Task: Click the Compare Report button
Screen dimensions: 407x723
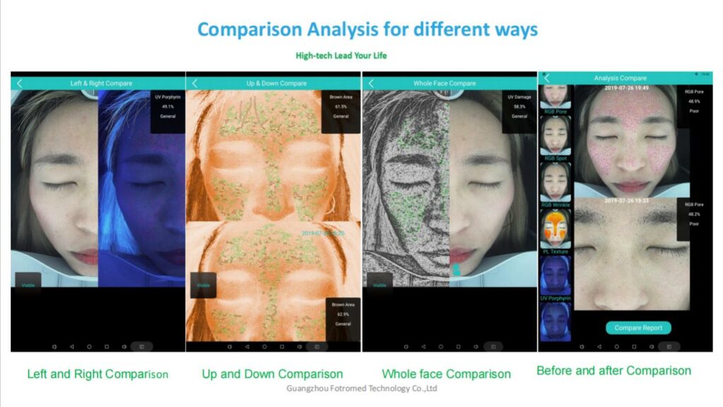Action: (x=638, y=328)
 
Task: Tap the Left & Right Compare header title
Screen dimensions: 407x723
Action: (x=101, y=83)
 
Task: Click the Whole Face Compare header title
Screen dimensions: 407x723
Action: (x=444, y=83)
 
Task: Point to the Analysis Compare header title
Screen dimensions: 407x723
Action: (x=620, y=78)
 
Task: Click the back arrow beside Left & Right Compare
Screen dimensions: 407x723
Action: (x=19, y=83)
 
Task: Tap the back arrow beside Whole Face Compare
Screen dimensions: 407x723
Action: (x=370, y=83)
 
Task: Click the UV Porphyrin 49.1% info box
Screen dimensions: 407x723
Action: (x=167, y=107)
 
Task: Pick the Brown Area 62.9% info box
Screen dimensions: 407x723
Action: (x=342, y=314)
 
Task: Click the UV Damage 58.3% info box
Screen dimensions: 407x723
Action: (x=519, y=107)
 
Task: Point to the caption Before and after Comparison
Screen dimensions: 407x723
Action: (x=613, y=370)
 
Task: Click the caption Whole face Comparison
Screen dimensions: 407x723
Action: (x=446, y=374)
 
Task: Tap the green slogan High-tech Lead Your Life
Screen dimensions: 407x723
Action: (x=341, y=55)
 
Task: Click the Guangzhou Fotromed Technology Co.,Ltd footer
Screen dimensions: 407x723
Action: (x=362, y=389)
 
